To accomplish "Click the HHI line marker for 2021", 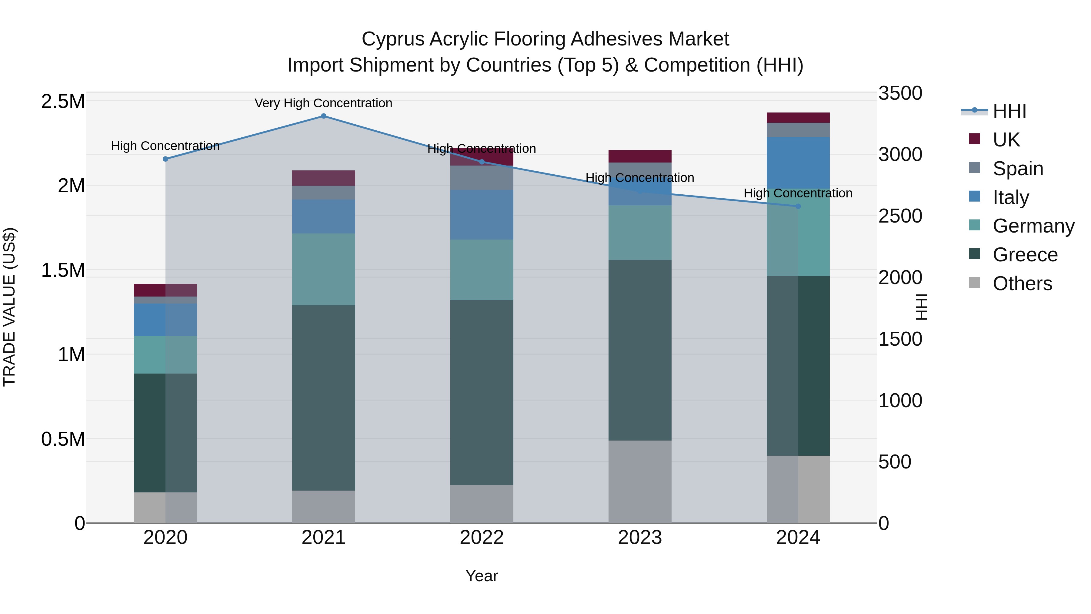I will click(x=324, y=116).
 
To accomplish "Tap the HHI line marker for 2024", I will click(x=798, y=206).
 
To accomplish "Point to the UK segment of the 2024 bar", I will click(x=798, y=118).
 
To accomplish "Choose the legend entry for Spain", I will click(x=1018, y=169).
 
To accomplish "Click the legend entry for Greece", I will click(x=1025, y=255).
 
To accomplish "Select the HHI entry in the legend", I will click(x=1009, y=111).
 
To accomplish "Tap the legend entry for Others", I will click(x=1022, y=284).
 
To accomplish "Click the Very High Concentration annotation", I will click(x=324, y=103).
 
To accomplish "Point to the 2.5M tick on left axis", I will click(x=63, y=102).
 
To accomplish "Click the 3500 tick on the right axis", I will click(x=900, y=93).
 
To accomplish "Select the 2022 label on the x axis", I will click(x=482, y=538).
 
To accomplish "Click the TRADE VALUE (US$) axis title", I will click(x=9, y=307).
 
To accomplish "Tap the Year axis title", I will click(x=482, y=576).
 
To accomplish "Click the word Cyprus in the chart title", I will click(x=392, y=39).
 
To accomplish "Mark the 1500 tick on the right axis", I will click(x=900, y=339).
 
